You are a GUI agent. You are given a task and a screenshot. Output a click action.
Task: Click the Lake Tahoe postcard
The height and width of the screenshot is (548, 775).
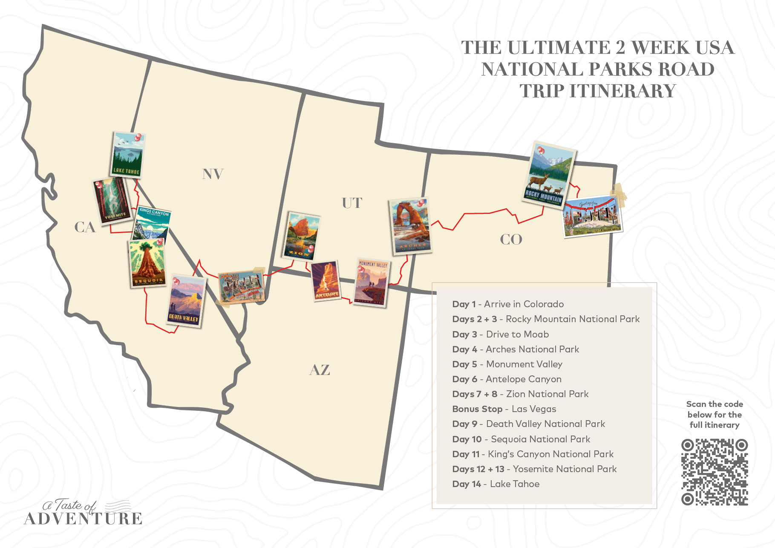tap(127, 154)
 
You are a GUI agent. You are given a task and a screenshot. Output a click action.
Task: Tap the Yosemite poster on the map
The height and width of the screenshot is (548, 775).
tap(112, 200)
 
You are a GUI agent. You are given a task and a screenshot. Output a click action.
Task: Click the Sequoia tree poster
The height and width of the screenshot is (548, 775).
tap(147, 263)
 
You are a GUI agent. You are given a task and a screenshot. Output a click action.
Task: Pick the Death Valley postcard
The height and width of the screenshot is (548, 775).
tap(186, 301)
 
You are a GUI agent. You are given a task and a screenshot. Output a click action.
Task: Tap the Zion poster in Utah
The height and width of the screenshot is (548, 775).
tap(301, 236)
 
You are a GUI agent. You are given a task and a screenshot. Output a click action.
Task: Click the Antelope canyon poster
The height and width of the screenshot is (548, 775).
tap(326, 280)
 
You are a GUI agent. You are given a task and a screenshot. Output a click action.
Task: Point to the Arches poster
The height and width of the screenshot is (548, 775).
tap(410, 226)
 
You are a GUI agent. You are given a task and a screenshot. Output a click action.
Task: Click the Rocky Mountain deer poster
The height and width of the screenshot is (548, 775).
tap(548, 175)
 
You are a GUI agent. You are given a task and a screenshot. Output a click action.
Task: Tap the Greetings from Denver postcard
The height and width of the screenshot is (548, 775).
tap(593, 216)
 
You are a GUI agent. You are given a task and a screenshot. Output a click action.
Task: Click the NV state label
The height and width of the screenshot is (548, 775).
tap(213, 174)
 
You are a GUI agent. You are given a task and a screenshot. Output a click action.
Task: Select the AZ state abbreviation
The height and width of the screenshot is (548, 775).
tap(320, 370)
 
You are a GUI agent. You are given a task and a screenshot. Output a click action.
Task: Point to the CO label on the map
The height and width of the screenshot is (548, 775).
tap(511, 239)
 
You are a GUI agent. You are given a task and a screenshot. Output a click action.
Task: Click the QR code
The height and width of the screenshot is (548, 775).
tap(714, 472)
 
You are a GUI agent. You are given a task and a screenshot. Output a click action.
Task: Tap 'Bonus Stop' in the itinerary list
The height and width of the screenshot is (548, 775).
tap(477, 409)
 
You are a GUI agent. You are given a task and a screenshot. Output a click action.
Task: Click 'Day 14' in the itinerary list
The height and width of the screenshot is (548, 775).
tap(467, 484)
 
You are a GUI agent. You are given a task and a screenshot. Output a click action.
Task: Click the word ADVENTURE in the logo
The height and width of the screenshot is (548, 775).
tap(83, 519)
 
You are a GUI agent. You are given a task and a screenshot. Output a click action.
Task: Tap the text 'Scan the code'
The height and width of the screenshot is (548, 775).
tap(714, 404)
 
